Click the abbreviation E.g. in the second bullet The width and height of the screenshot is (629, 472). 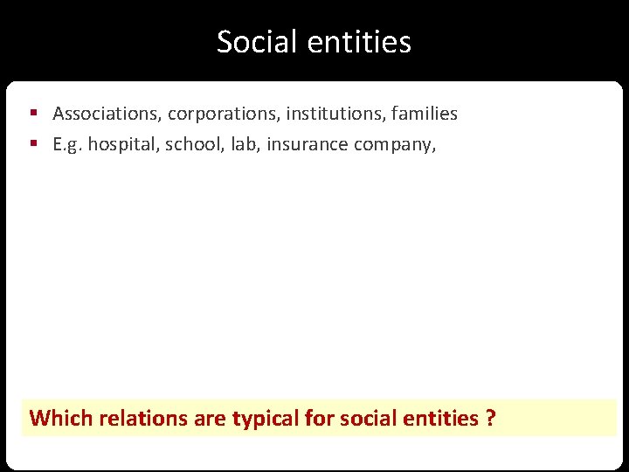coord(68,144)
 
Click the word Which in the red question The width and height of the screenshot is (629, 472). coord(61,418)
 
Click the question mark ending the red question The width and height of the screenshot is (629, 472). coord(490,418)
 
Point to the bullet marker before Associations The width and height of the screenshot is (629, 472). coord(33,114)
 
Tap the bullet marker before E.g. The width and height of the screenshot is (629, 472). coord(33,144)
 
